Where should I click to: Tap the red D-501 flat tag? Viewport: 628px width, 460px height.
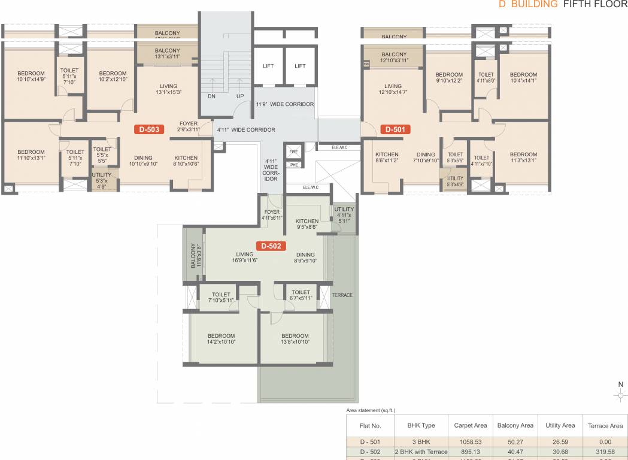(x=395, y=129)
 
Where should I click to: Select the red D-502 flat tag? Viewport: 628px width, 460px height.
(x=272, y=246)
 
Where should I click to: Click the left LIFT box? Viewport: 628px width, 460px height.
(x=268, y=66)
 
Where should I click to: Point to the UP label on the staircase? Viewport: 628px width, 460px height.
(x=240, y=96)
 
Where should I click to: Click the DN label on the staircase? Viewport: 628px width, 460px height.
(x=211, y=96)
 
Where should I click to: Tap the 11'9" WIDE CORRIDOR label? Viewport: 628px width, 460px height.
(x=284, y=104)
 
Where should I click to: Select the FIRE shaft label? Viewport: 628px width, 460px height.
(x=293, y=152)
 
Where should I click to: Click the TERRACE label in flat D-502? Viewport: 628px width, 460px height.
(x=342, y=295)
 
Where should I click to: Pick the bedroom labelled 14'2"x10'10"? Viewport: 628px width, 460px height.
(x=221, y=339)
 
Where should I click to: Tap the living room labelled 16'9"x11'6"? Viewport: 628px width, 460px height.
(x=244, y=258)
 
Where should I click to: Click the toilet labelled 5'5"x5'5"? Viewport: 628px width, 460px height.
(x=102, y=155)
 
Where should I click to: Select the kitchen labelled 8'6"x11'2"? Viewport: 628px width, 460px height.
(x=387, y=158)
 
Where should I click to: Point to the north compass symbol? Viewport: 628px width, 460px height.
(x=621, y=395)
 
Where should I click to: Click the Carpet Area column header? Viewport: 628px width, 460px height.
(x=471, y=425)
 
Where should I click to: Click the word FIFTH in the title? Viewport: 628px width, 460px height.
(x=579, y=4)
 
